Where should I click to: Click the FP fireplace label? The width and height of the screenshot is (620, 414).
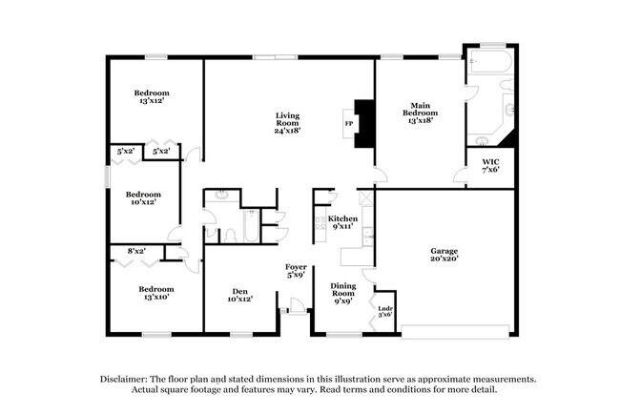click(348, 124)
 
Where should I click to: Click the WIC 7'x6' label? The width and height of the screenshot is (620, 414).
click(490, 166)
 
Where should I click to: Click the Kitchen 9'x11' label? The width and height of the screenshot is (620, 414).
click(342, 223)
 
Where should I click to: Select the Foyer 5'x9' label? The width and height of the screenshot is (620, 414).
click(296, 271)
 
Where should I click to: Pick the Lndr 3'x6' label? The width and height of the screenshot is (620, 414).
click(386, 311)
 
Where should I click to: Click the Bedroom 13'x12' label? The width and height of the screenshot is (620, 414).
click(154, 97)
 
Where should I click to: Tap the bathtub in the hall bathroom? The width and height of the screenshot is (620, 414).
click(246, 229)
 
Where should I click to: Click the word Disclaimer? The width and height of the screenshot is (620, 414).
click(128, 378)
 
